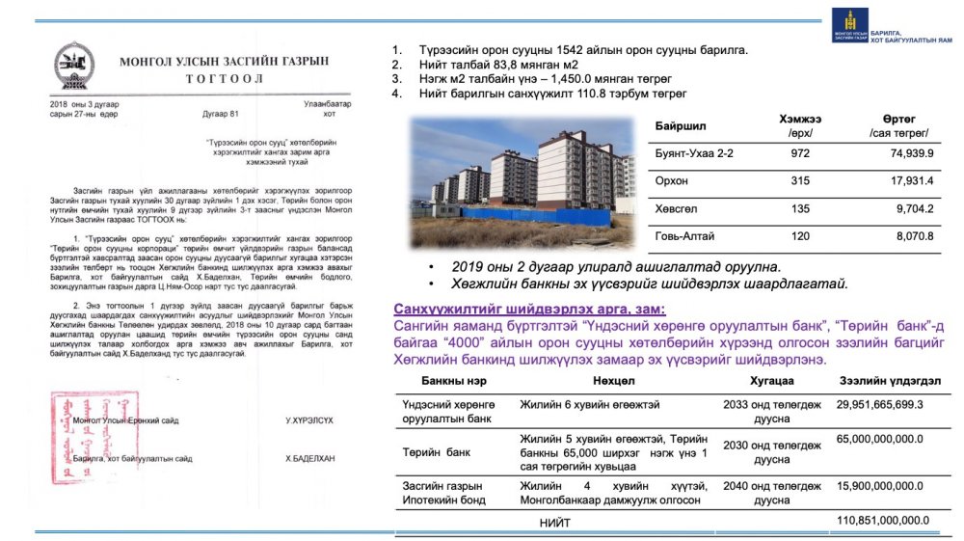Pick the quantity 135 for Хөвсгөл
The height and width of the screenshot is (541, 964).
click(800, 207)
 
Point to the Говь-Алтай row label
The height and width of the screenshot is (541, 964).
click(686, 234)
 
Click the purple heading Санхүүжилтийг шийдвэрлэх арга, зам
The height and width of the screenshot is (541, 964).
click(528, 309)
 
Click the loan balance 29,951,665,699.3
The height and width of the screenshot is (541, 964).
click(880, 405)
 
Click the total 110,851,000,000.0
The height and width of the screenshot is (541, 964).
click(883, 521)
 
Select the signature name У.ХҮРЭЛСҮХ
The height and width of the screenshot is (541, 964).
click(308, 421)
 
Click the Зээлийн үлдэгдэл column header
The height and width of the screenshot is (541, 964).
click(890, 381)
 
